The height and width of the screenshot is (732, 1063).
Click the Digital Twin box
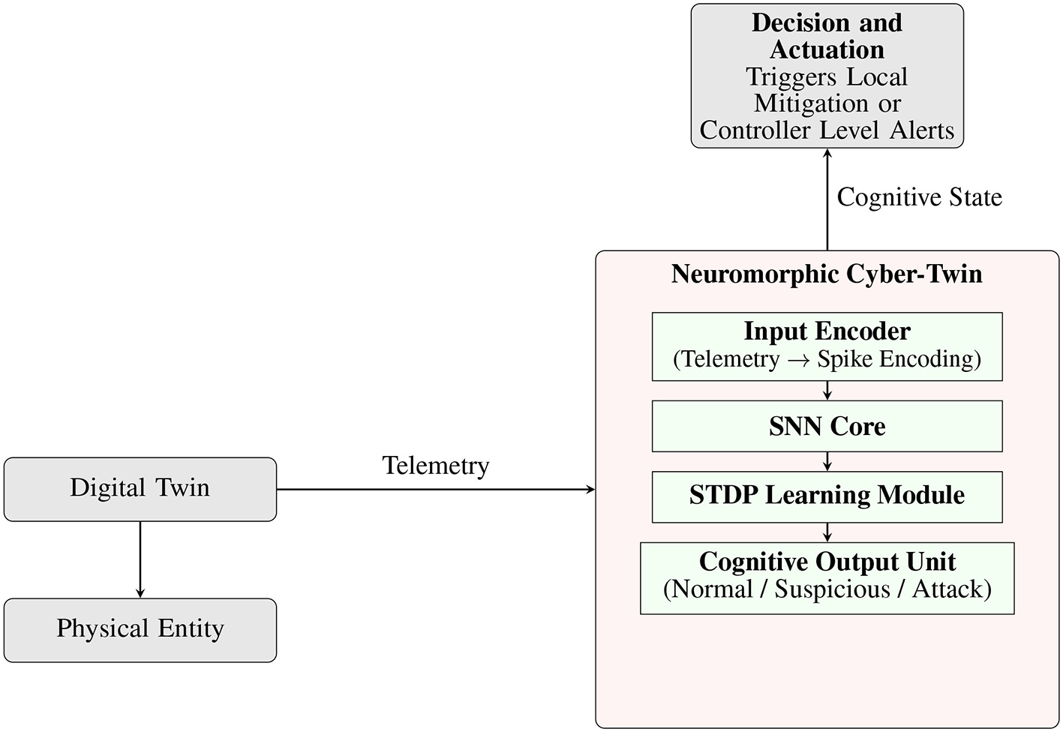click(x=140, y=489)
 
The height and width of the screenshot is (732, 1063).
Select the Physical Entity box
click(x=140, y=630)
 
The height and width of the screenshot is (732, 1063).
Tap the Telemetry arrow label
click(x=436, y=466)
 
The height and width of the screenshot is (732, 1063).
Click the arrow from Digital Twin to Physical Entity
click(x=140, y=559)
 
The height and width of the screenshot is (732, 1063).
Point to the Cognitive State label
click(x=919, y=197)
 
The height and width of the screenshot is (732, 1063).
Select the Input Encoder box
click(x=827, y=346)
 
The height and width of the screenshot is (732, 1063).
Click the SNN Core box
click(x=827, y=426)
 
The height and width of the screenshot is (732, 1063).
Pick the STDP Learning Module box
click(x=827, y=496)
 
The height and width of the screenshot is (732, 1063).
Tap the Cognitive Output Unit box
click(x=827, y=577)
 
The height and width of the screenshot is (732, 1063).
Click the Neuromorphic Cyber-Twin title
click(x=827, y=274)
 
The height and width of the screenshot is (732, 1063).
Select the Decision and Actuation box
click(x=827, y=76)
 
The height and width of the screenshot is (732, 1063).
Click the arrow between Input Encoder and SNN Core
click(x=827, y=391)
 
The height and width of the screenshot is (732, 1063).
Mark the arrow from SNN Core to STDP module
click(x=827, y=461)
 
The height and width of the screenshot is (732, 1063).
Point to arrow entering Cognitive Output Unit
click(x=827, y=532)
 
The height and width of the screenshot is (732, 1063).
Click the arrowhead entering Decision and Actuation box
click(x=827, y=153)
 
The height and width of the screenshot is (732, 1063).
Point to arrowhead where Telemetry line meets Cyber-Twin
click(x=590, y=490)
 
